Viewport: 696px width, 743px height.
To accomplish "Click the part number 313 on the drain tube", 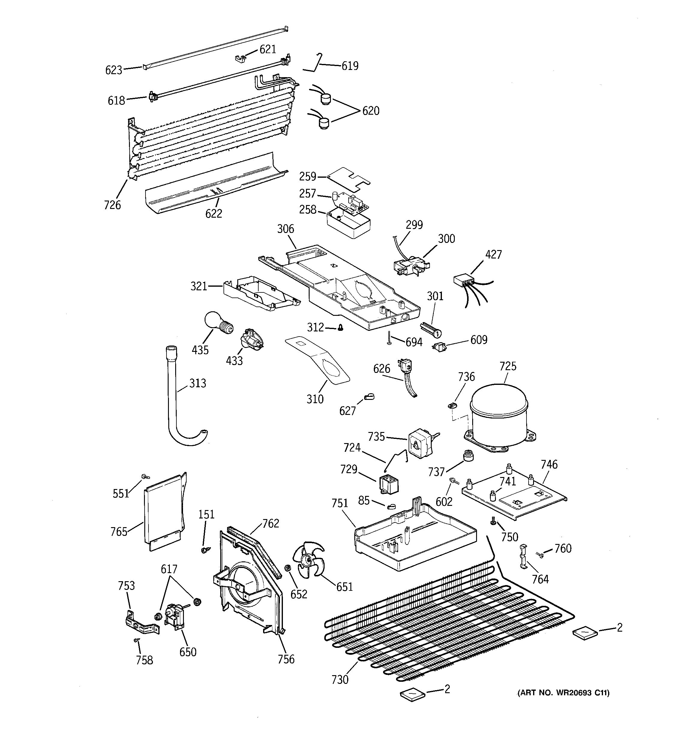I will click(198, 383).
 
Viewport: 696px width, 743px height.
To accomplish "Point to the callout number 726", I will click(112, 205).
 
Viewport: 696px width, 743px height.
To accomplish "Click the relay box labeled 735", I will click(420, 444).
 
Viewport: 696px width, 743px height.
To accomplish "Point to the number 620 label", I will click(370, 111).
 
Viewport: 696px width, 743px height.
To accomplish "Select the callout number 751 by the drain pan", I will click(340, 503).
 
